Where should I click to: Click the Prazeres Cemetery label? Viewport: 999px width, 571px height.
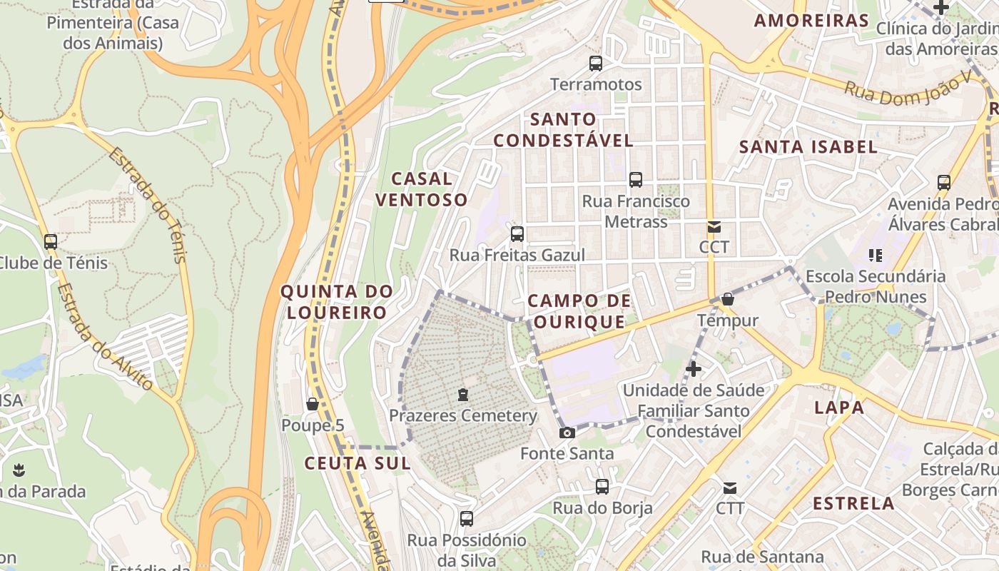click(462, 415)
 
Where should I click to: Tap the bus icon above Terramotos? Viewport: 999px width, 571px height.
click(596, 64)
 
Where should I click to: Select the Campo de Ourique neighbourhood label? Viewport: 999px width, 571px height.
click(579, 311)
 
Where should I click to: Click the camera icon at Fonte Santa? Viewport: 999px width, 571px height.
click(567, 433)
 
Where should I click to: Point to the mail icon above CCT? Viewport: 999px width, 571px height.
click(714, 228)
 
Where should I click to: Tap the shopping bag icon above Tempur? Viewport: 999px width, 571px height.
click(728, 299)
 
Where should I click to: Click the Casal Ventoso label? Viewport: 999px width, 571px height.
click(421, 189)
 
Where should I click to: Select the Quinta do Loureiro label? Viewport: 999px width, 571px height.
click(337, 301)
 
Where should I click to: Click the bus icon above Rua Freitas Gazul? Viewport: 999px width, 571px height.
click(517, 233)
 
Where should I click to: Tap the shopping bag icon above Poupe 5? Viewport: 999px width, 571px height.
click(312, 405)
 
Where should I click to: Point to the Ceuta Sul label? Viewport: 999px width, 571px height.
click(357, 463)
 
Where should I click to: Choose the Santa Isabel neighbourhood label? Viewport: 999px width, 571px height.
click(808, 147)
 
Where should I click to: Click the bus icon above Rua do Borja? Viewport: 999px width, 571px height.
click(602, 487)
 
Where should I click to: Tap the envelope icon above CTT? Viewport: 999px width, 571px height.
click(730, 489)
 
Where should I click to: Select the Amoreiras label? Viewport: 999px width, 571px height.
click(811, 21)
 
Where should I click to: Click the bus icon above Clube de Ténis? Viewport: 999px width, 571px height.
click(50, 242)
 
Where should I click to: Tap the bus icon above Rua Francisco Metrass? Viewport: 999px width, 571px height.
click(636, 180)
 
